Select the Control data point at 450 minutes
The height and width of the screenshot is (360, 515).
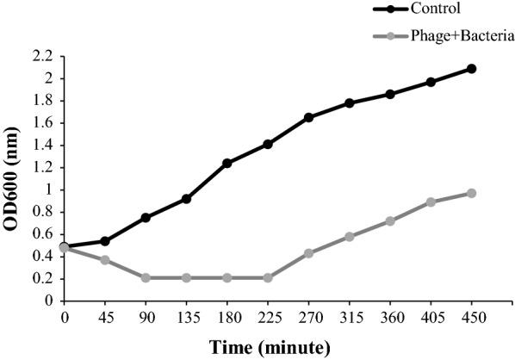click(x=472, y=68)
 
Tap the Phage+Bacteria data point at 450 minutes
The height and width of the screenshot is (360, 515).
click(x=472, y=193)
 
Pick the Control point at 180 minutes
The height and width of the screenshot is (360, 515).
click(x=227, y=163)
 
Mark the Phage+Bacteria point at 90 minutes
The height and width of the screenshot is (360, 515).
click(x=146, y=277)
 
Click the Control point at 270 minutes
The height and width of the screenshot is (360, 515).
click(x=308, y=117)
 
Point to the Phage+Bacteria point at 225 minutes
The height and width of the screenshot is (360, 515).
click(x=268, y=277)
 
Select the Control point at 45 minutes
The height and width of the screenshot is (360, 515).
click(x=105, y=241)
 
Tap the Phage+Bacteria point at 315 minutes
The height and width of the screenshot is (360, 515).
click(x=350, y=236)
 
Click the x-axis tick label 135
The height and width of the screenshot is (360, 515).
click(x=186, y=317)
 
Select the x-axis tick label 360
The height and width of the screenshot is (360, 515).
click(x=390, y=317)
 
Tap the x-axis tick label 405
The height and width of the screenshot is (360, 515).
click(x=431, y=317)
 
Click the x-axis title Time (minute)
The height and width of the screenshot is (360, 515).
click(x=268, y=347)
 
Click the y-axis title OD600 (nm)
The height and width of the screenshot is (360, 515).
click(x=12, y=178)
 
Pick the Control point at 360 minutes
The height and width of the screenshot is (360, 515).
click(x=390, y=94)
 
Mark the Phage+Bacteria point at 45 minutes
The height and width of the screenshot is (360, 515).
click(x=105, y=259)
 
